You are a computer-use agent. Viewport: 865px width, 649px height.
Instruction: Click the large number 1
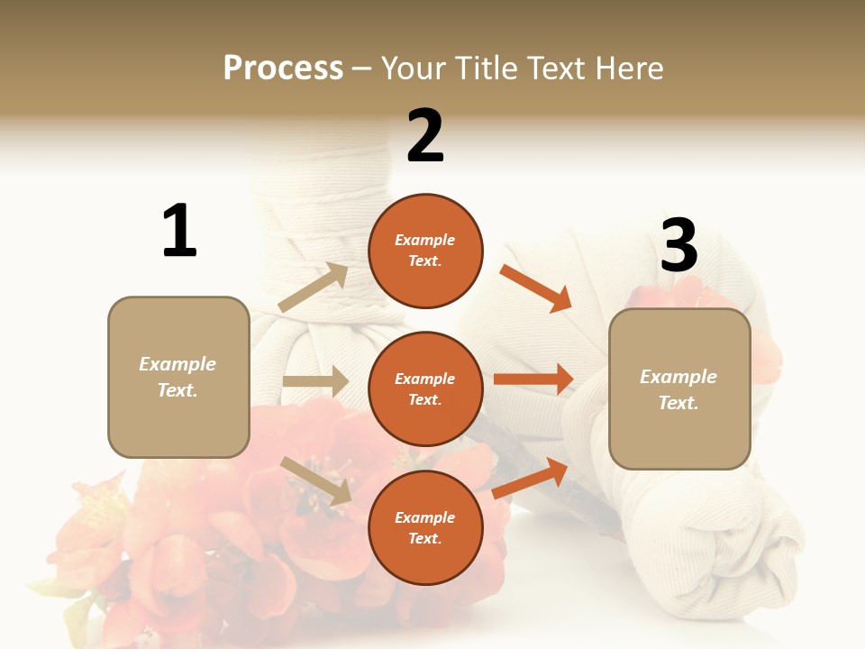[x=179, y=231]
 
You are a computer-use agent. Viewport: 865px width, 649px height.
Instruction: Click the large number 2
[x=425, y=136]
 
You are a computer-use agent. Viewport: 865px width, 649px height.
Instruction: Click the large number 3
[x=678, y=245]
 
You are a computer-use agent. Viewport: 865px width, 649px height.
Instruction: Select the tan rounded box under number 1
[x=178, y=377]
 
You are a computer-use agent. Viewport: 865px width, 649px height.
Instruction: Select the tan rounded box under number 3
[x=679, y=389]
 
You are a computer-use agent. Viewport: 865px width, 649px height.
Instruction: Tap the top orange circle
[x=425, y=251]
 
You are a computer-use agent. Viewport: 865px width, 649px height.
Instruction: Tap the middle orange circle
[x=425, y=388]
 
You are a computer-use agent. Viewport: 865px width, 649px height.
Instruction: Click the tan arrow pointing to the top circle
[x=314, y=288]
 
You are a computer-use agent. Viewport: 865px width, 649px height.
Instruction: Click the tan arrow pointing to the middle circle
[x=315, y=381]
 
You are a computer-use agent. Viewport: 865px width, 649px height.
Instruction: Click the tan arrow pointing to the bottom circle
[x=315, y=480]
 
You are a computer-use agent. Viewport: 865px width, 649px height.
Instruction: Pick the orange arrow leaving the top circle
[x=536, y=288]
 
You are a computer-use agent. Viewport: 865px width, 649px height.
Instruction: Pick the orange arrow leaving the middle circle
[x=533, y=379]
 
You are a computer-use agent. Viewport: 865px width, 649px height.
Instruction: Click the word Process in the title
[x=283, y=68]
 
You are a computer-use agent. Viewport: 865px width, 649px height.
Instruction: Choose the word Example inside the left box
[x=178, y=364]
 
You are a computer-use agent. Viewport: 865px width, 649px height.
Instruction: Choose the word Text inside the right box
[x=678, y=403]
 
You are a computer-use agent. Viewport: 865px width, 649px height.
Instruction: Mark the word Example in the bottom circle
[x=425, y=517]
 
